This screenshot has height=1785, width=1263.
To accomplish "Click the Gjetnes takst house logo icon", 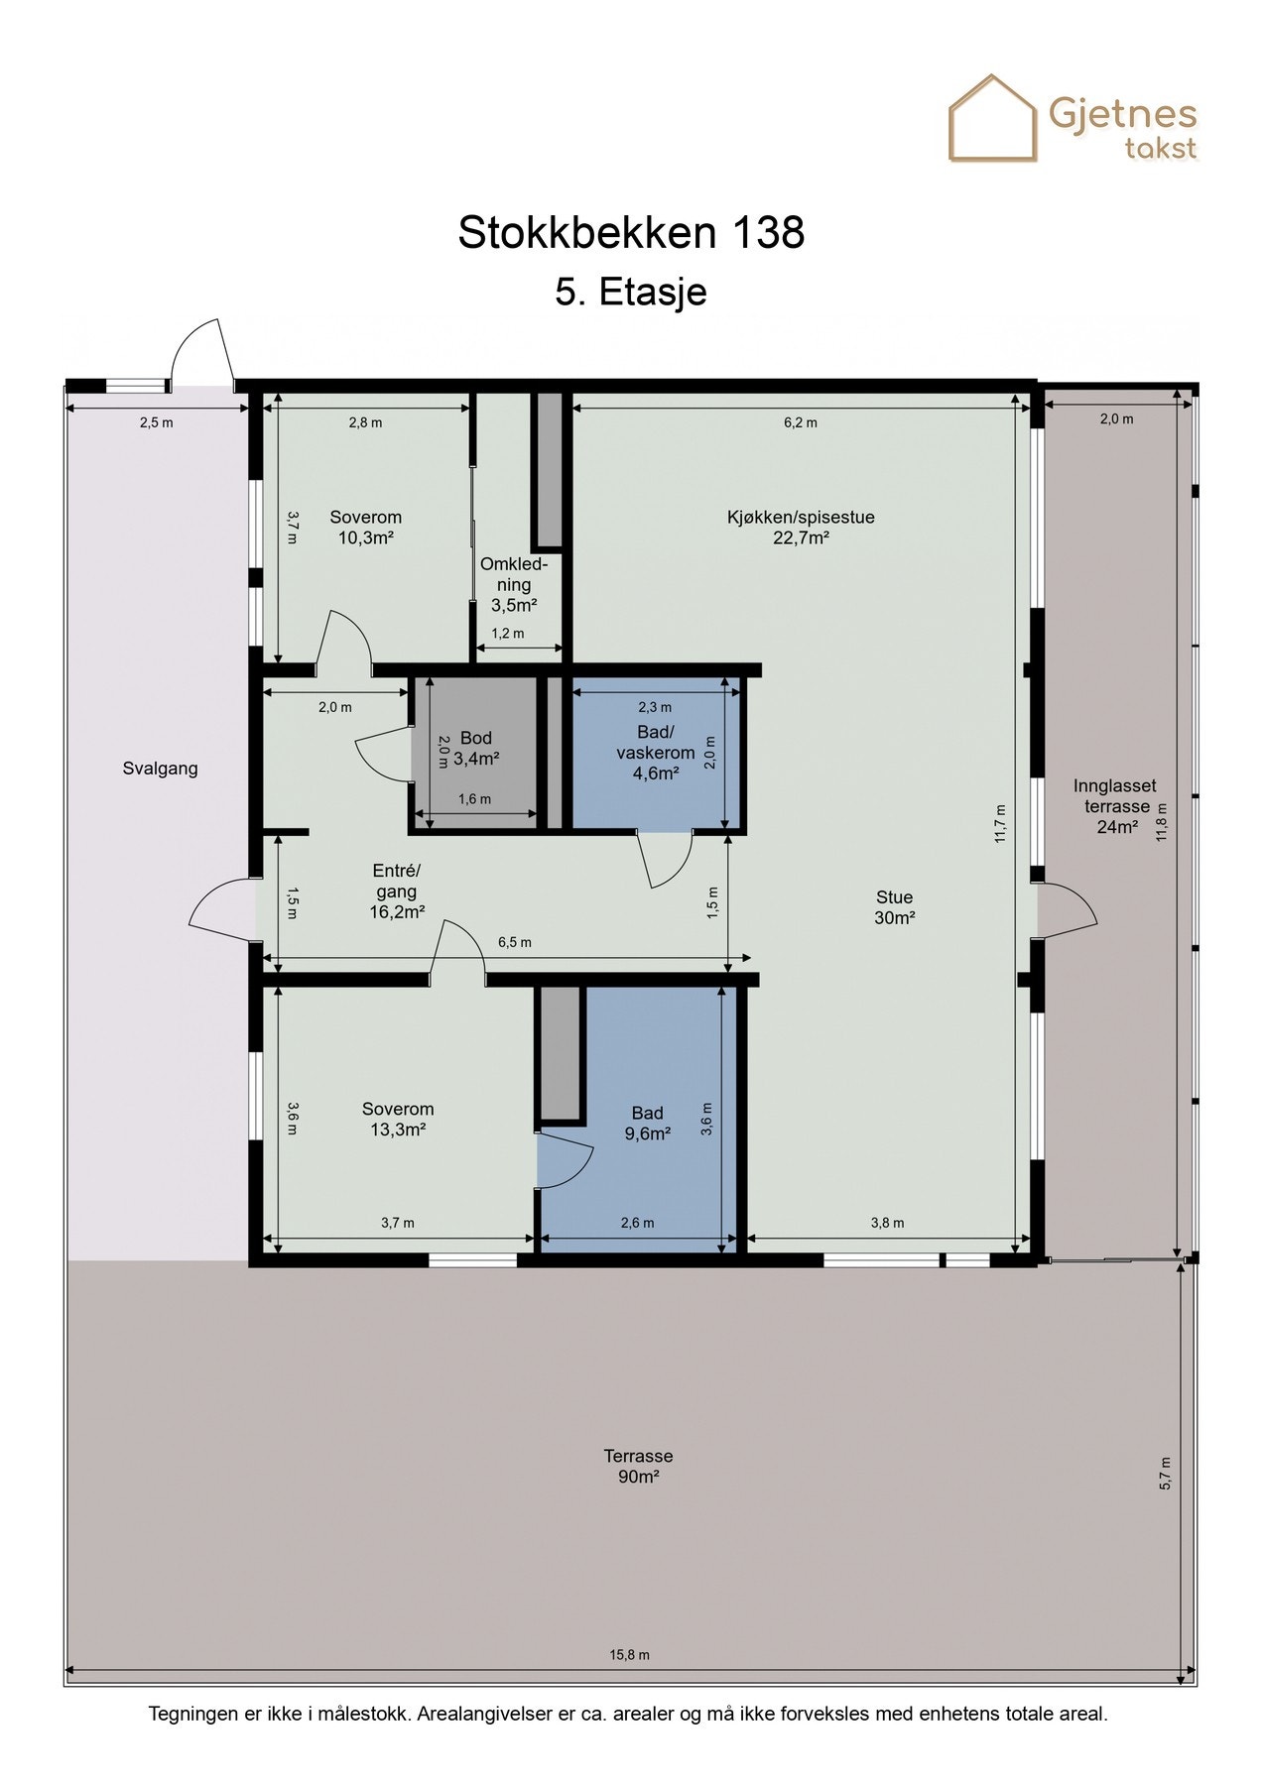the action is click(x=993, y=118).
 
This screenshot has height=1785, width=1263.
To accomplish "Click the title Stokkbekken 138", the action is click(x=631, y=233).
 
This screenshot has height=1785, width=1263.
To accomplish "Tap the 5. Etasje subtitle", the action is click(x=631, y=293).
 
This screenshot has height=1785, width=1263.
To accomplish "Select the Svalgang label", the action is click(x=161, y=769).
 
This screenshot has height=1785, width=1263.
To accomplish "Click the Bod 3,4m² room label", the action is click(x=476, y=749).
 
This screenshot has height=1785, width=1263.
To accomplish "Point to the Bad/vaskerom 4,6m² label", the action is click(x=656, y=753).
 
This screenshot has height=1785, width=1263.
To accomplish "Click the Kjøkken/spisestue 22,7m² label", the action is click(x=801, y=528).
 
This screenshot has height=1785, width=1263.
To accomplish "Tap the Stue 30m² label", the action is click(x=894, y=907).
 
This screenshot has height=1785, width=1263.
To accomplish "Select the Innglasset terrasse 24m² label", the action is click(x=1116, y=806).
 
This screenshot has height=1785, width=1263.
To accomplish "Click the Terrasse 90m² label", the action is click(x=638, y=1466).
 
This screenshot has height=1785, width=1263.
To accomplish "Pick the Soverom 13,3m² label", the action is click(x=398, y=1120).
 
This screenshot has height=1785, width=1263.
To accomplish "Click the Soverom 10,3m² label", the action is click(x=366, y=528).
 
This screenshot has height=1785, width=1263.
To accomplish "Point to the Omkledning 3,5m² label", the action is click(x=514, y=585).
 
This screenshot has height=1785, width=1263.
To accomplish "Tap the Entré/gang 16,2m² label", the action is click(x=397, y=892).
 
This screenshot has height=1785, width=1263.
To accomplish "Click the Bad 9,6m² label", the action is click(x=647, y=1124).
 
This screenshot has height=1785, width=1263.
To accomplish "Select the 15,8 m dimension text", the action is click(x=630, y=1655).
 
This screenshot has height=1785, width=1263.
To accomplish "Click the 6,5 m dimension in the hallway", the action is click(x=515, y=942).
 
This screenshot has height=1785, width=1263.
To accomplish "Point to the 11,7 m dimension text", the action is click(x=1001, y=823).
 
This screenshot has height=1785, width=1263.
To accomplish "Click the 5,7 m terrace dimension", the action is click(x=1165, y=1473).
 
